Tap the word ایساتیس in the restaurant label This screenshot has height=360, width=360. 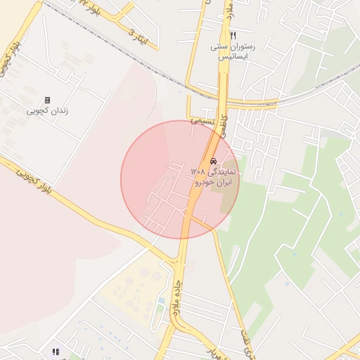coord(233,58)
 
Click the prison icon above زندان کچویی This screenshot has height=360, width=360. coord(47,100)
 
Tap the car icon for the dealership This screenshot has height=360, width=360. coord(213,161)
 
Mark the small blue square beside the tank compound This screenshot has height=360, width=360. coord(162,301)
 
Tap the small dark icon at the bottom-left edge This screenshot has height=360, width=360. coord(56,352)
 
